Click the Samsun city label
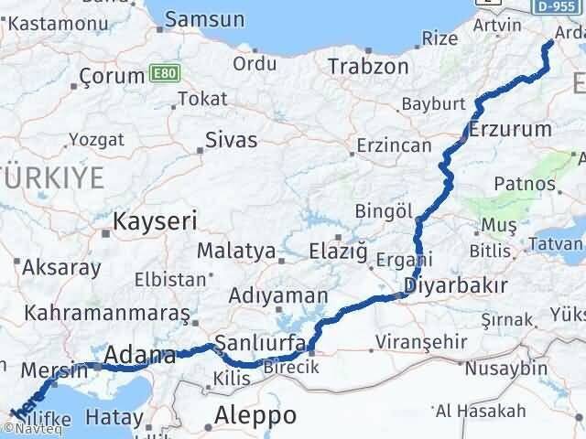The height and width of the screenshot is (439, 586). coord(204,18)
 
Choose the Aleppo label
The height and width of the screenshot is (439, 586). coord(255,416)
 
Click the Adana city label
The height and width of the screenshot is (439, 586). coord(140,355)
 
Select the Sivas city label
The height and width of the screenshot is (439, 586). coord(232,141)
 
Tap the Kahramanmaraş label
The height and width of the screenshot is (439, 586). coord(108,314)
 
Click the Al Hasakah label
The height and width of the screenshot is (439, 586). coord(468,410)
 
